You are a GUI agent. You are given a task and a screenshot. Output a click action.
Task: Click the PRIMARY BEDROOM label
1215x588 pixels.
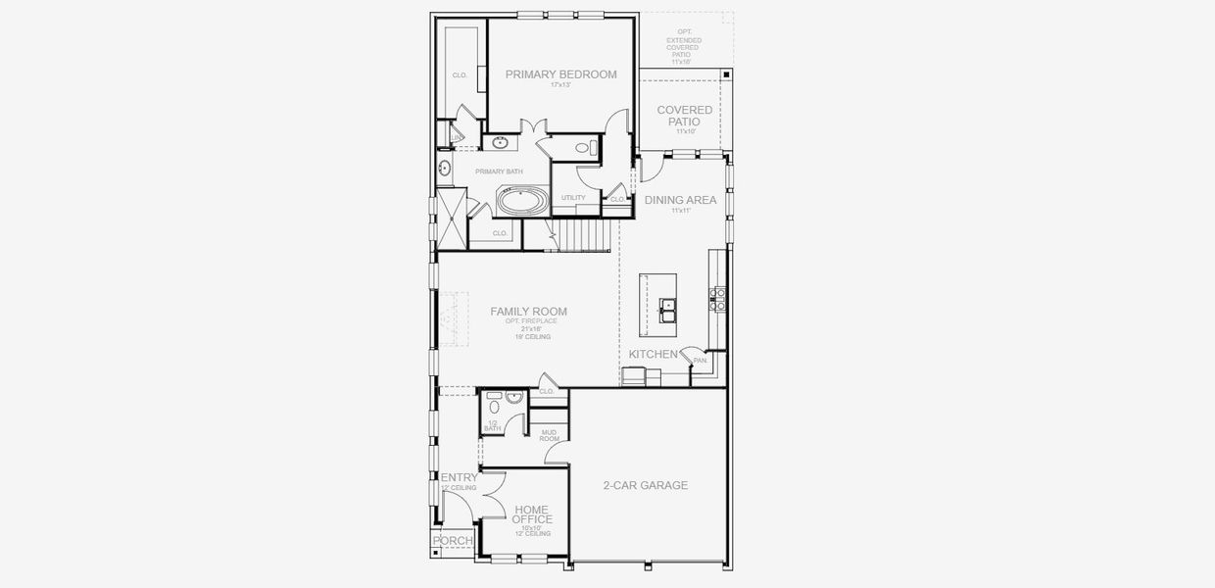560,73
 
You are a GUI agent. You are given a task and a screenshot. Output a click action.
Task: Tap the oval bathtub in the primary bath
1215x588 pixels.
522,203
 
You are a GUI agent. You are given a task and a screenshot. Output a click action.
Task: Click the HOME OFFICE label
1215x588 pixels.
533,514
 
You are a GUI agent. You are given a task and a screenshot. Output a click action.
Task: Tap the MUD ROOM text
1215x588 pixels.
550,435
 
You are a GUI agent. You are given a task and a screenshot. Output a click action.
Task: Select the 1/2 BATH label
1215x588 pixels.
492,424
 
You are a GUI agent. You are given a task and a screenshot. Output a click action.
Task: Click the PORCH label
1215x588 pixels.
453,541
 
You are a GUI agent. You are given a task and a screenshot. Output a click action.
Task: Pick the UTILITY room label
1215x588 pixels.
573,198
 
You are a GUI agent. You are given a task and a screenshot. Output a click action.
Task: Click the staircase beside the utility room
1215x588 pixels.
582,235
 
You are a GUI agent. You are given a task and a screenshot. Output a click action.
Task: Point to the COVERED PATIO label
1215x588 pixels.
684,116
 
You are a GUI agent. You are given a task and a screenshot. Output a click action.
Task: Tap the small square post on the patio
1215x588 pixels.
725,73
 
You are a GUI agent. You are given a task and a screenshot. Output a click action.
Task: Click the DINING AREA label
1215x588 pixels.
680,200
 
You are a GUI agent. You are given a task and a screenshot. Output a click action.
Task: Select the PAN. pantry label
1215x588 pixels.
700,361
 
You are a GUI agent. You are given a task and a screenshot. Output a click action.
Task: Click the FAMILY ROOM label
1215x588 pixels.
528,312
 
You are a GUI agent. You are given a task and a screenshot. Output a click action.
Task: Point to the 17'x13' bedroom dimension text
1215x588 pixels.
560,85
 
